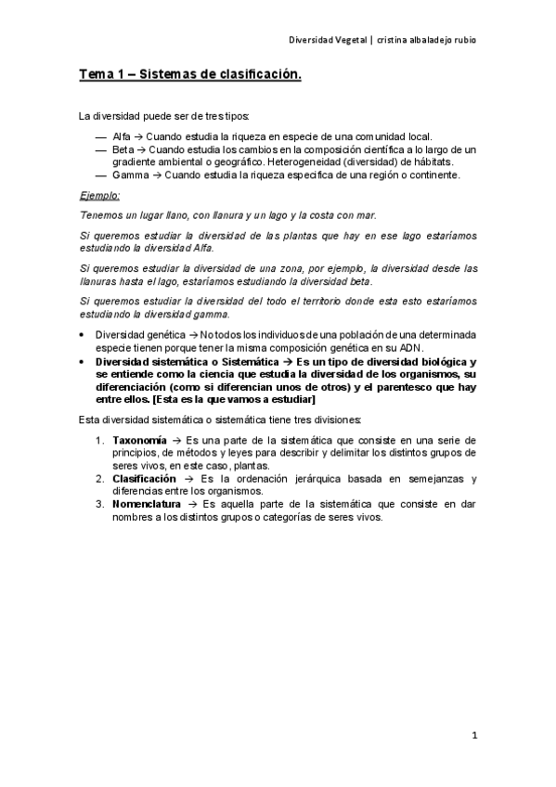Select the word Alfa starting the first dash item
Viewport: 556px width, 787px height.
point(121,135)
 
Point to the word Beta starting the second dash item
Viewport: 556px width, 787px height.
point(123,148)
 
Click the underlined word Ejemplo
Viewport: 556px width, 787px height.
point(99,195)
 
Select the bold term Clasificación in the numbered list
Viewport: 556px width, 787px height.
point(144,479)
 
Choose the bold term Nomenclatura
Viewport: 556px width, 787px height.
point(147,504)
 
